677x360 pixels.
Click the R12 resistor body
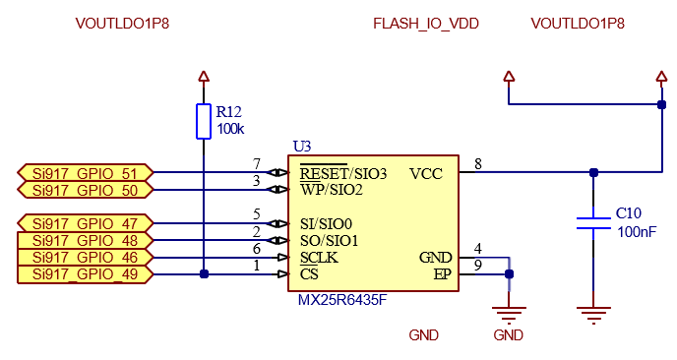pyautogui.click(x=204, y=121)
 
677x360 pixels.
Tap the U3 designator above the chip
pyautogui.click(x=302, y=147)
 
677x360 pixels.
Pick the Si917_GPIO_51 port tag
pyautogui.click(x=85, y=172)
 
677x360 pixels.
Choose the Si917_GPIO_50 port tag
pyautogui.click(x=85, y=189)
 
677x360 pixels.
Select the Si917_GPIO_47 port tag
pyautogui.click(x=85, y=223)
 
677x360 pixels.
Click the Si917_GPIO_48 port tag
pyautogui.click(x=85, y=240)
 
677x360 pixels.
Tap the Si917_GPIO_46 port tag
pyautogui.click(x=85, y=257)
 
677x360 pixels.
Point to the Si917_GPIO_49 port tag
pyautogui.click(x=85, y=273)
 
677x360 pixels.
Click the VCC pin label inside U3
pyautogui.click(x=427, y=173)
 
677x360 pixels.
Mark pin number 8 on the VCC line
pyautogui.click(x=477, y=164)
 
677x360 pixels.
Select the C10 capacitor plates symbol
pyautogui.click(x=592, y=222)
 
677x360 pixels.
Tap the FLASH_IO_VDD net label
pyautogui.click(x=426, y=24)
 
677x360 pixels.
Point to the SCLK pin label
pyautogui.click(x=320, y=258)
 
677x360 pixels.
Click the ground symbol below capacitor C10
pyautogui.click(x=592, y=316)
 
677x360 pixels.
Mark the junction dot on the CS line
pyautogui.click(x=204, y=274)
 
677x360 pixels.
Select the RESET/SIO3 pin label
pyautogui.click(x=343, y=173)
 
